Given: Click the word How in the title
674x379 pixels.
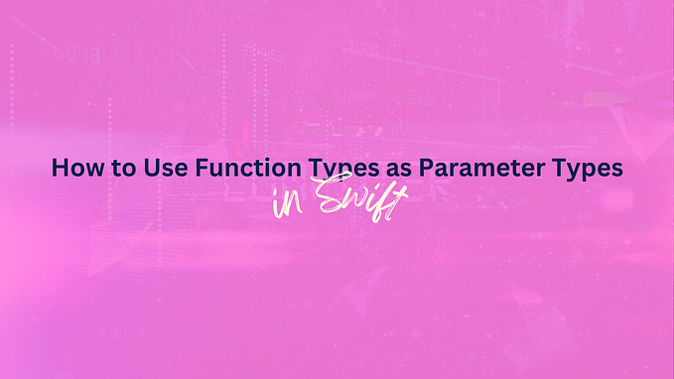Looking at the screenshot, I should click(x=73, y=169).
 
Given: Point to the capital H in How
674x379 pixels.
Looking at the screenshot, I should click(x=60, y=169).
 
